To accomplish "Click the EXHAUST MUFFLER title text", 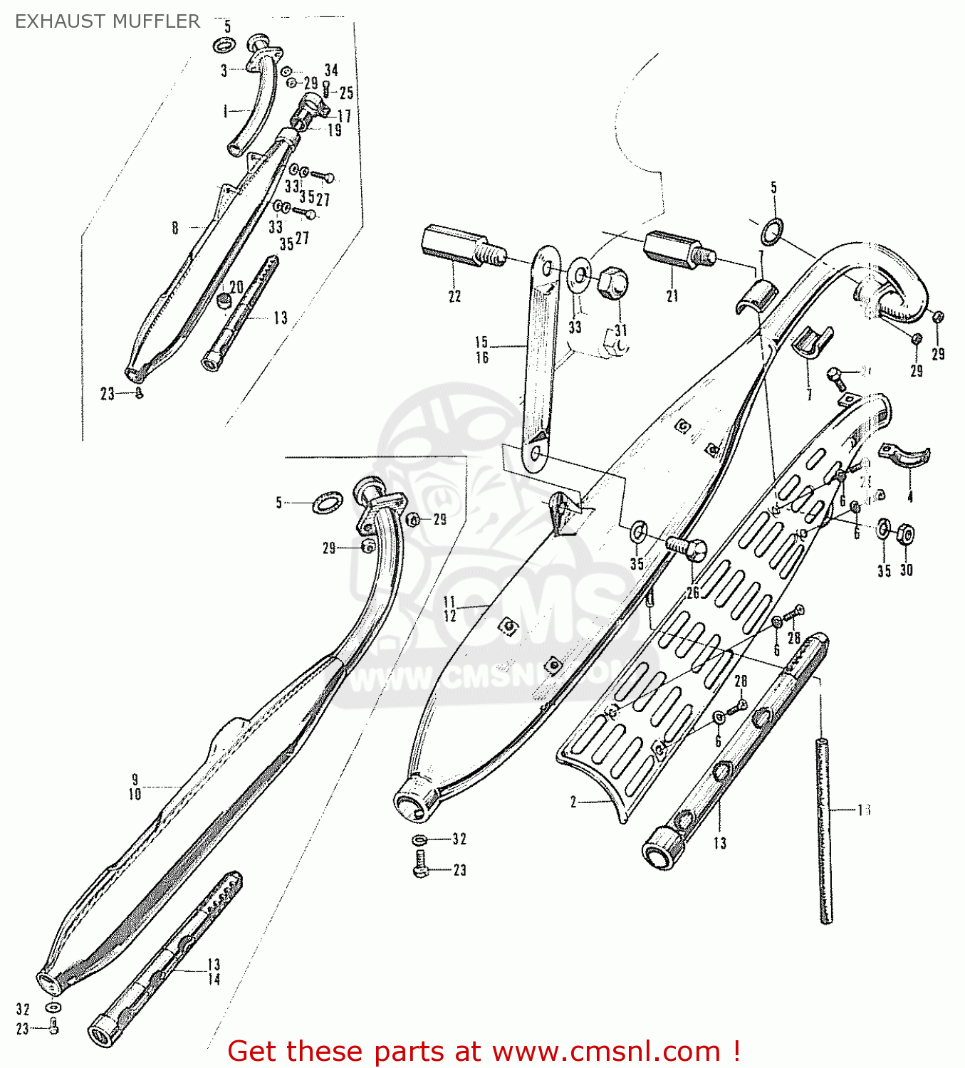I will pyautogui.click(x=108, y=21).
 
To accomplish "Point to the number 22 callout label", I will pyautogui.click(x=454, y=296).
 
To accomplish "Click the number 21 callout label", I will pyautogui.click(x=672, y=295).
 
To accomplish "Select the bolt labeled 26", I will pyautogui.click(x=687, y=549).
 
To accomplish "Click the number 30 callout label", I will pyautogui.click(x=906, y=570).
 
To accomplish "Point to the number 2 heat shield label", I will pyautogui.click(x=573, y=802).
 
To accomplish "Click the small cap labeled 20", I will pyautogui.click(x=224, y=300).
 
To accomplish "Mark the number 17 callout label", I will pyautogui.click(x=344, y=115).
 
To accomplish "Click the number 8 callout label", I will pyautogui.click(x=174, y=228).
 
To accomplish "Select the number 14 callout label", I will pyautogui.click(x=214, y=980).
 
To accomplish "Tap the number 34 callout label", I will pyautogui.click(x=331, y=70).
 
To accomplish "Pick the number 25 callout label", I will pyautogui.click(x=346, y=93).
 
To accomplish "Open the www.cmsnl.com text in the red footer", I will pyautogui.click(x=606, y=1051).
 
